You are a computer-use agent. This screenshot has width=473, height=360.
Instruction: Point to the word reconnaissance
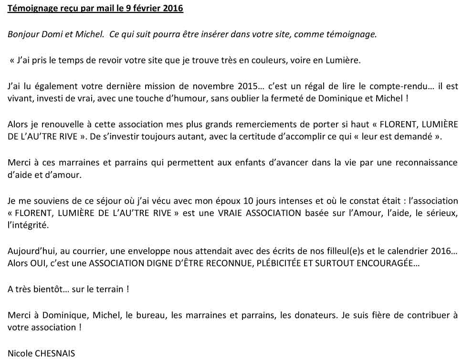click(x=425, y=162)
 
